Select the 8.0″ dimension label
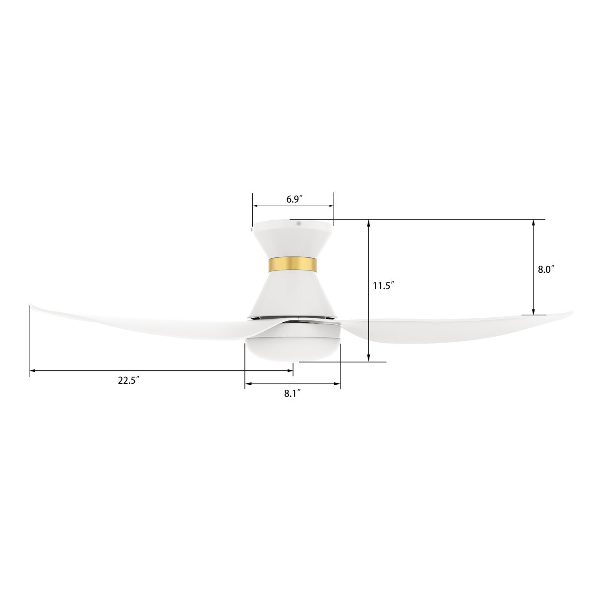pos(545,269)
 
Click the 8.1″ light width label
pos(293,394)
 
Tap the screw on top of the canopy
pos(299,224)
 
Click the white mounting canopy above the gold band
pos(293,238)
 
